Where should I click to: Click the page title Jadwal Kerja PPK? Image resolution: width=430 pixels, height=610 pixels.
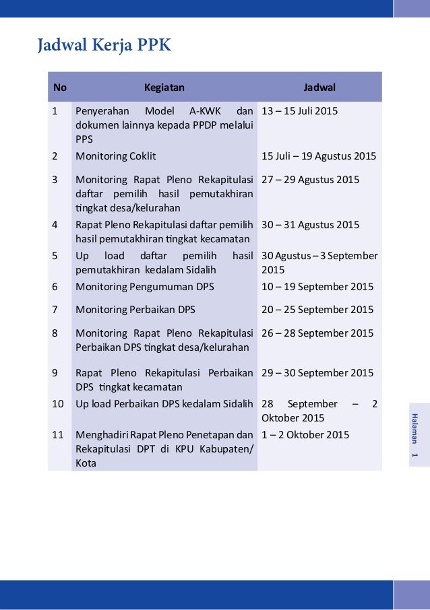click(x=104, y=46)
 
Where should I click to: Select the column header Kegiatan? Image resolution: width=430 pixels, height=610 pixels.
click(x=164, y=87)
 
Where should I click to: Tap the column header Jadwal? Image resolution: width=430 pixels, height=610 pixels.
click(x=319, y=87)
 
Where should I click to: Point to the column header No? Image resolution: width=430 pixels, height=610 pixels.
click(x=60, y=87)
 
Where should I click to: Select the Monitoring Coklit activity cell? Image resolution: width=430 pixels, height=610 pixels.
click(x=116, y=156)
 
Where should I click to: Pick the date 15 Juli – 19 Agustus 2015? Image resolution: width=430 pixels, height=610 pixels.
click(x=319, y=156)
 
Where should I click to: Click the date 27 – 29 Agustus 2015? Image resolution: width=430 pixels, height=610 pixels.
click(x=311, y=180)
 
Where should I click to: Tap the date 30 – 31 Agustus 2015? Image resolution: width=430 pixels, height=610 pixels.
click(x=311, y=225)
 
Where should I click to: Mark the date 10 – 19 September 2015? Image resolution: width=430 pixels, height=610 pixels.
click(x=317, y=287)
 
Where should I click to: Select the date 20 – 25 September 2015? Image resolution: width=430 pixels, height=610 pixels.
click(x=317, y=310)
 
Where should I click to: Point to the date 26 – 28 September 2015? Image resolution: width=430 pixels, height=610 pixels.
click(x=317, y=333)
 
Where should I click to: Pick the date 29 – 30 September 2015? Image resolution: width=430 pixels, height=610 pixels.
click(x=317, y=373)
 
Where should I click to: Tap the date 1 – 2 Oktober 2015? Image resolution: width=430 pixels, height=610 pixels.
click(x=305, y=435)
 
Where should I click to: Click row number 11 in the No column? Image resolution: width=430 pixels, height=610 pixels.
click(x=59, y=435)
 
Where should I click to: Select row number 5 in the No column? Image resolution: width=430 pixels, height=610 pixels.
click(x=55, y=256)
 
